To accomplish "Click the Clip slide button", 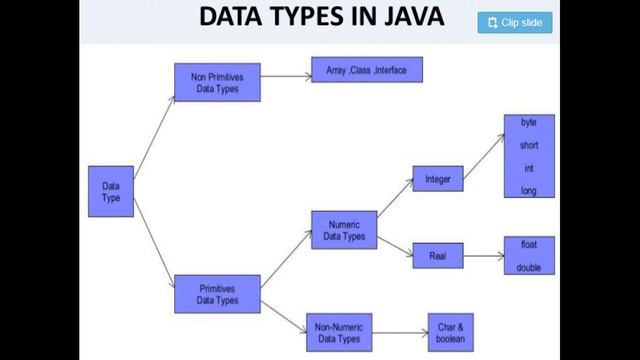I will [515, 22].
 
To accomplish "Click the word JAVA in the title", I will [404, 18].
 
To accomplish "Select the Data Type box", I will [111, 190].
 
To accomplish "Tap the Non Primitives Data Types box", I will [217, 82].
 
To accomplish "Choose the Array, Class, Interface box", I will [366, 70].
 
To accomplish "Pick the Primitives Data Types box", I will [217, 294].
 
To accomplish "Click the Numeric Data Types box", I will [344, 231].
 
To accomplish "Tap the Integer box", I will [438, 180].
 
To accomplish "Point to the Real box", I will [438, 255].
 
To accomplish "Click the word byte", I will [529, 122].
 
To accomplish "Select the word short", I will [529, 145].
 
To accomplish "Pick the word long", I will [529, 190].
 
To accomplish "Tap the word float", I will [529, 244].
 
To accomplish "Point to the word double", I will [529, 267].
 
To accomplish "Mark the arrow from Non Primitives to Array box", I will [286, 74].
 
